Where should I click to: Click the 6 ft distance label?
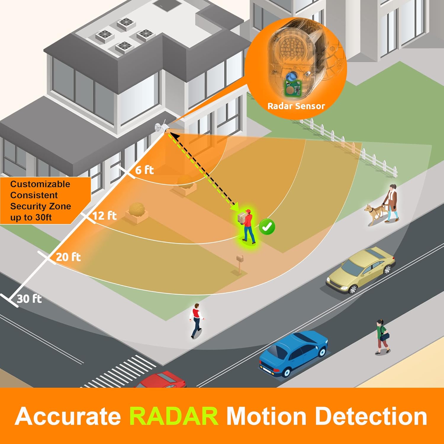(144, 170)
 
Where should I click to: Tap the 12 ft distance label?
(104, 215)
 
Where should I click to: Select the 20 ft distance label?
(68, 257)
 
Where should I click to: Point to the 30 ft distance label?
(29, 299)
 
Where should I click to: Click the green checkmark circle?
(267, 227)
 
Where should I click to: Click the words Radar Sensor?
(296, 106)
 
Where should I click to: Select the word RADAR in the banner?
(174, 416)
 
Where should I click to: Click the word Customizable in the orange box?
(40, 184)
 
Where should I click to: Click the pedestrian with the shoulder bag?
(382, 337)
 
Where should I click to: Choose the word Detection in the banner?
(371, 416)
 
